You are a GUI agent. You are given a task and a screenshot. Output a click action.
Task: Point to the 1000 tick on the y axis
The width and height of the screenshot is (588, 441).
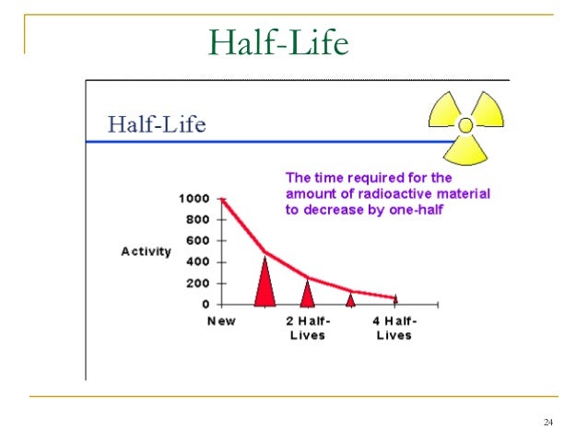pos(194,198)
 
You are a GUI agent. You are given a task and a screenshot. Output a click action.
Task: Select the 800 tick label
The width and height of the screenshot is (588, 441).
pos(196,219)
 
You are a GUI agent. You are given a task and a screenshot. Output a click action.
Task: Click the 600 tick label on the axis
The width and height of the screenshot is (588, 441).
pos(196,240)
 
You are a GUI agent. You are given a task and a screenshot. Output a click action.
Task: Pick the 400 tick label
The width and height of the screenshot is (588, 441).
pos(196,261)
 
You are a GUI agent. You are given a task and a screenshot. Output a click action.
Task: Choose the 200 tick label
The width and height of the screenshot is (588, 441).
pos(196,283)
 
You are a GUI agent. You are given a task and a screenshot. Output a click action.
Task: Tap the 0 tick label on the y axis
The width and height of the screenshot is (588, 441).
pos(206,304)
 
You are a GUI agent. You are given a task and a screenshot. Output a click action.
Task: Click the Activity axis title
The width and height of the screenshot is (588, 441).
pos(146,251)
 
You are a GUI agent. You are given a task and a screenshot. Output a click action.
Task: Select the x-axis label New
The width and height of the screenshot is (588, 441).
pos(221,321)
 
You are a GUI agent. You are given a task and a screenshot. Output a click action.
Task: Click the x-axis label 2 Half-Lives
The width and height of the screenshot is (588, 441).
pos(308,328)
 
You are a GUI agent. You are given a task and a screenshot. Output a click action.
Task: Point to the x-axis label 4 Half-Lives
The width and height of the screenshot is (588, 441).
pos(394,328)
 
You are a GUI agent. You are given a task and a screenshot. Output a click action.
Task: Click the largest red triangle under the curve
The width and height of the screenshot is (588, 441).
pos(265,284)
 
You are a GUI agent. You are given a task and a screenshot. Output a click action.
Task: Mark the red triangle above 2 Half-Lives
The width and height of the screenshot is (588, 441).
pos(308,294)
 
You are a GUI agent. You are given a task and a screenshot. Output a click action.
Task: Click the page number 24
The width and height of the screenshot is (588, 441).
pos(548,423)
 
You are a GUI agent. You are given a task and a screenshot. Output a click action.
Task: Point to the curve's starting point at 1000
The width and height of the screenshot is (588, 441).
pos(221,198)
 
